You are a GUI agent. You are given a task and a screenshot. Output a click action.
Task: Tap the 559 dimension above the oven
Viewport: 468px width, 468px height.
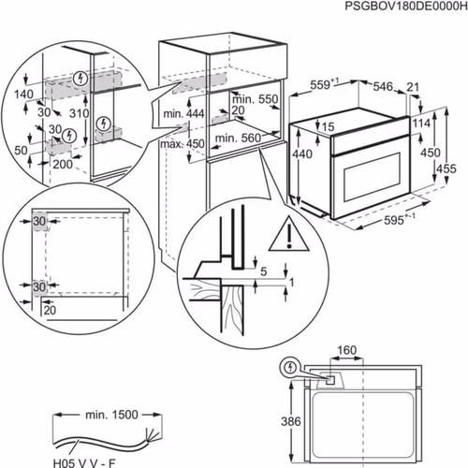tap(321, 84)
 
